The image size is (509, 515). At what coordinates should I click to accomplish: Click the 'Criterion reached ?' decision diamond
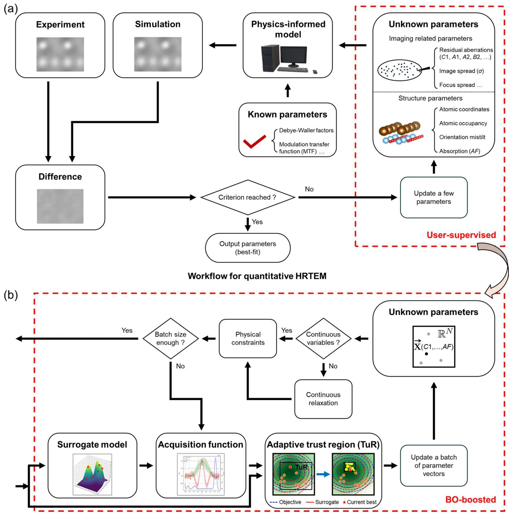pyautogui.click(x=247, y=197)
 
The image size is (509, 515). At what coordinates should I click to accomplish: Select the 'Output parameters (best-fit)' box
pyautogui.click(x=247, y=248)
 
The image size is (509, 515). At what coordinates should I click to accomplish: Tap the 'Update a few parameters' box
pyautogui.click(x=433, y=197)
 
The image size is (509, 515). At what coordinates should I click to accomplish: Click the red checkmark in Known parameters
pyautogui.click(x=254, y=142)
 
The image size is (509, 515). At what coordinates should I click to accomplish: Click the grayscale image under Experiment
pyautogui.click(x=60, y=54)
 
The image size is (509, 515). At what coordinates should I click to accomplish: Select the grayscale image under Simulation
pyautogui.click(x=158, y=54)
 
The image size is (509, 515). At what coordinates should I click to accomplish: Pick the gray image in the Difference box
pyautogui.click(x=60, y=206)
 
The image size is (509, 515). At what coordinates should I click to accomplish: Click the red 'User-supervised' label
pyautogui.click(x=461, y=235)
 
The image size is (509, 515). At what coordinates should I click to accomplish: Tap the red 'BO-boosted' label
pyautogui.click(x=470, y=499)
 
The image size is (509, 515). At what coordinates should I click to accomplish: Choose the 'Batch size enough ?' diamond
pyautogui.click(x=171, y=339)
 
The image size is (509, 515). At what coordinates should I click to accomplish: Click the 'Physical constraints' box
pyautogui.click(x=248, y=339)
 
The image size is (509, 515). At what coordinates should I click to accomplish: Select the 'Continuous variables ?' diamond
pyautogui.click(x=323, y=339)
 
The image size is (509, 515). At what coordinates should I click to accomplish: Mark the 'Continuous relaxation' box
pyautogui.click(x=323, y=399)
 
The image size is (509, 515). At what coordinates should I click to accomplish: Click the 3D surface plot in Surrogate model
pyautogui.click(x=92, y=474)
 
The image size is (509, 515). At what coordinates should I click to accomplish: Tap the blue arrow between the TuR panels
pyautogui.click(x=323, y=474)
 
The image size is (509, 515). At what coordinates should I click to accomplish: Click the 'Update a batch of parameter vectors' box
pyautogui.click(x=433, y=465)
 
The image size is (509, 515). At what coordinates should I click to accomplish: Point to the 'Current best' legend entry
pyautogui.click(x=360, y=502)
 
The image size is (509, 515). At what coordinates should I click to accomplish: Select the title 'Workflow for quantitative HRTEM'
pyautogui.click(x=257, y=276)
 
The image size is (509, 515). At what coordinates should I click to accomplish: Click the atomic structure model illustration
pyautogui.click(x=401, y=133)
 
